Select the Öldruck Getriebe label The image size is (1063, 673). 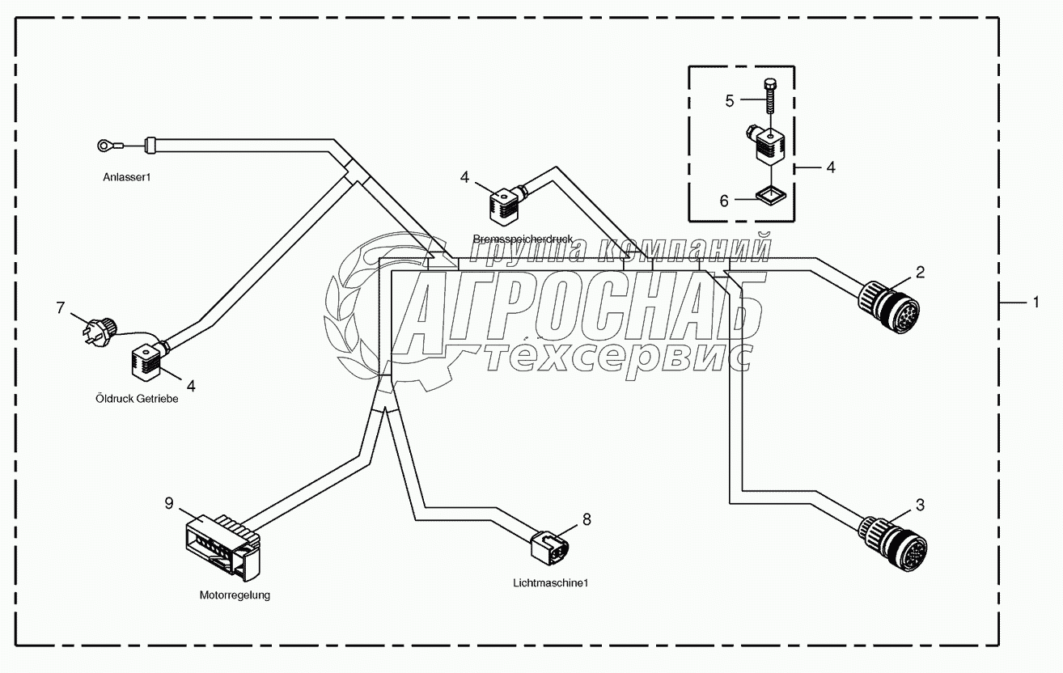click(x=135, y=399)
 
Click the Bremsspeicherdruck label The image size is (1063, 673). click(x=523, y=239)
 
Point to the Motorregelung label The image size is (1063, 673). click(x=235, y=595)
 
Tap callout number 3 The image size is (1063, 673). click(x=919, y=506)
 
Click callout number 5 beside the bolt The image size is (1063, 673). click(x=729, y=101)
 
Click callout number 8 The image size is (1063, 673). click(x=587, y=519)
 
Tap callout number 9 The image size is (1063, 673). click(x=169, y=503)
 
